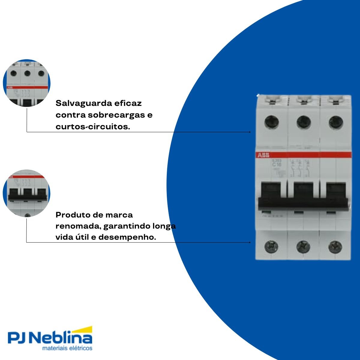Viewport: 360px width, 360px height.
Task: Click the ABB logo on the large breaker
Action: [x=261, y=155]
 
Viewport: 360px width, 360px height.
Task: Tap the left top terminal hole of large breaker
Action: [x=271, y=122]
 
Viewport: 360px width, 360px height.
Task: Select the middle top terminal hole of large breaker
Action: [x=304, y=122]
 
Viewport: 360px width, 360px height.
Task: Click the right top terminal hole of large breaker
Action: [x=335, y=122]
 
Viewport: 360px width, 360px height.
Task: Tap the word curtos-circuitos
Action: [x=93, y=127]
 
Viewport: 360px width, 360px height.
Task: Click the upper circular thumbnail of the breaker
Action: [x=27, y=83]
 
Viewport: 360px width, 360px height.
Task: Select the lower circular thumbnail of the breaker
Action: [x=27, y=193]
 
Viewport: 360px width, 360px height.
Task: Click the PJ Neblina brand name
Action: [x=50, y=339]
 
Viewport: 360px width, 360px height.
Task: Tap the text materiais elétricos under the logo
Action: [x=67, y=349]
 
